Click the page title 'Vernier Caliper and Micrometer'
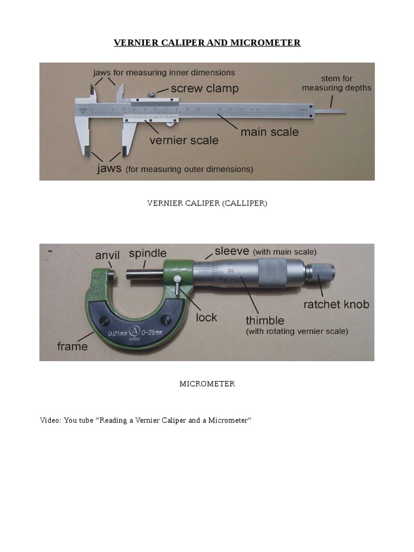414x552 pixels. (207, 43)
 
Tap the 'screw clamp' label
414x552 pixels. (205, 89)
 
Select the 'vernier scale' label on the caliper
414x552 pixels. (184, 140)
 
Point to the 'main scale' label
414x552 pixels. (269, 132)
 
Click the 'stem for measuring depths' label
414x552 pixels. (336, 83)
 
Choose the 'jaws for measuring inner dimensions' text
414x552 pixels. (164, 72)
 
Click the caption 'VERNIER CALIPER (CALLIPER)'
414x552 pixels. (207, 203)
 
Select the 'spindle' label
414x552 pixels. (148, 253)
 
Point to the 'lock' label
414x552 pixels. (206, 317)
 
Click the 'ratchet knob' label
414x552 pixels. (336, 304)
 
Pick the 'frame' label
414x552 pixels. (72, 346)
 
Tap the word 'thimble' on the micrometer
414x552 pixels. (265, 320)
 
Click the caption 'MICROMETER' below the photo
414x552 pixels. (207, 384)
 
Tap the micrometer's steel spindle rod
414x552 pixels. (144, 274)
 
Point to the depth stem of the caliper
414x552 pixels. (330, 112)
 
